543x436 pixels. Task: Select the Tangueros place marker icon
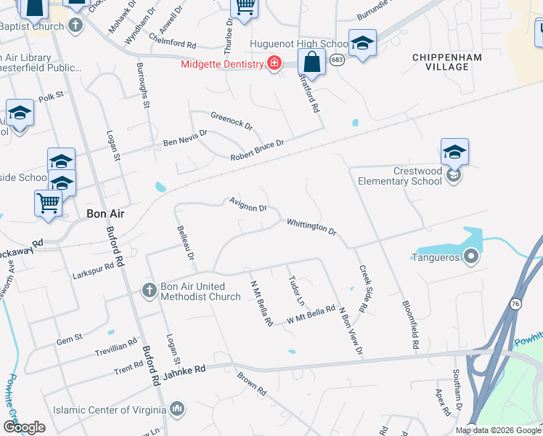tap(471, 256)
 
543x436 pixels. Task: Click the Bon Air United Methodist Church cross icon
tap(149, 291)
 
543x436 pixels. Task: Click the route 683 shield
tap(336, 60)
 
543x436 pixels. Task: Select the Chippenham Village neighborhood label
tap(450, 61)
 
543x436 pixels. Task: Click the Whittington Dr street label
tap(311, 227)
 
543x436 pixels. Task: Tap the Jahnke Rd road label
tap(185, 368)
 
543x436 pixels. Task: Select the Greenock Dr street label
tap(232, 120)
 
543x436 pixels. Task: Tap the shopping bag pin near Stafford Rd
tap(311, 63)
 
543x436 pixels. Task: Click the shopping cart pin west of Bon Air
tap(48, 203)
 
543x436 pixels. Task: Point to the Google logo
tap(25, 427)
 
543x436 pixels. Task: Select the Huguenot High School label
tap(298, 44)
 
